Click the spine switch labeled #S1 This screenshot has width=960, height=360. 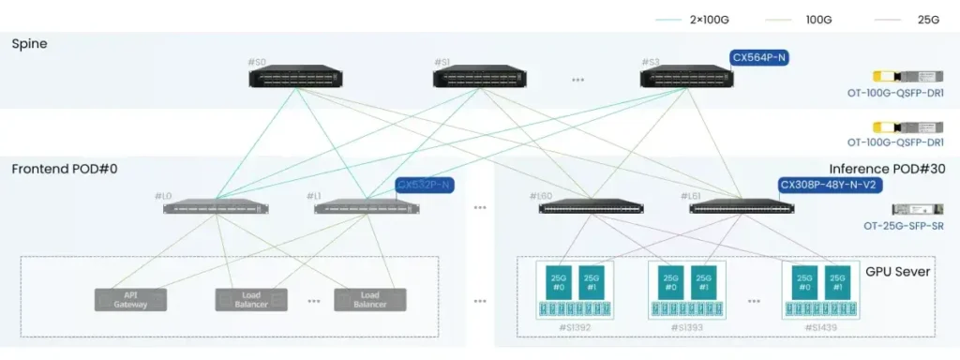pyautogui.click(x=479, y=77)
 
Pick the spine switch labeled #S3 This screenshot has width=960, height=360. pyautogui.click(x=686, y=77)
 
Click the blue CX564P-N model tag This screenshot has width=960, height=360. pyautogui.click(x=759, y=58)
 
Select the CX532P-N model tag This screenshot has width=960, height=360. pyautogui.click(x=424, y=185)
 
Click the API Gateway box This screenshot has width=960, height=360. pyautogui.click(x=130, y=299)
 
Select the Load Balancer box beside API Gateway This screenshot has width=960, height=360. pyautogui.click(x=251, y=299)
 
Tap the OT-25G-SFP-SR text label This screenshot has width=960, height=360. pyautogui.click(x=903, y=226)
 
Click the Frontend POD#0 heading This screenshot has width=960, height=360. pyautogui.click(x=64, y=169)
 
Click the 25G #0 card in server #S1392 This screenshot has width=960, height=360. pyautogui.click(x=557, y=282)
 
